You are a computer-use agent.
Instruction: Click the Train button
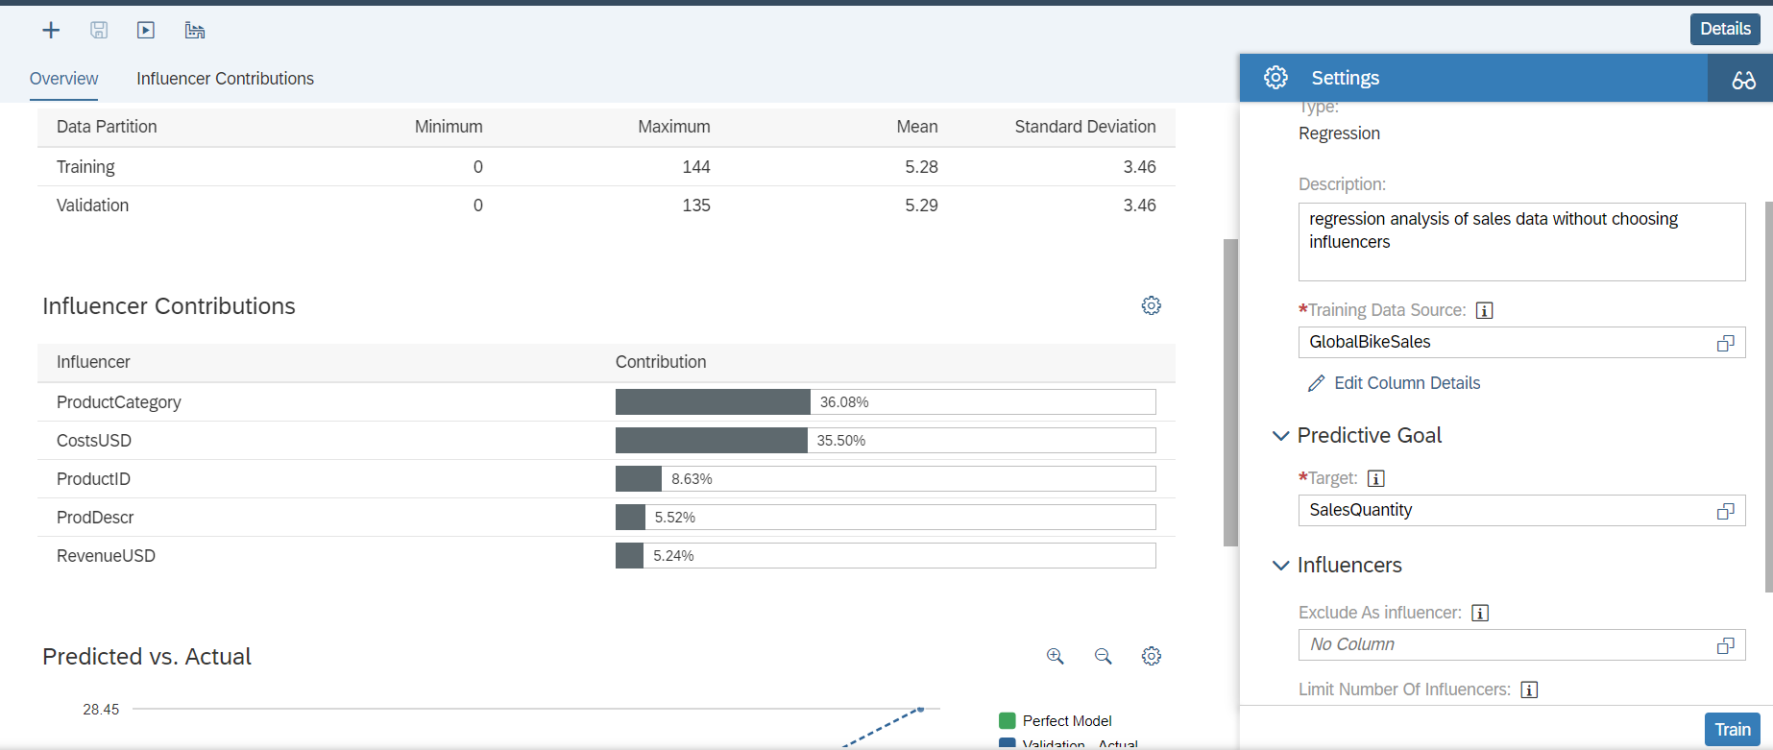point(1732,730)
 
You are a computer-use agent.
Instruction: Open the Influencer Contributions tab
point(225,79)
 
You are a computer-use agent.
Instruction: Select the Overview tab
point(63,79)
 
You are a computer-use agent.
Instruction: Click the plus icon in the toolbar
point(51,31)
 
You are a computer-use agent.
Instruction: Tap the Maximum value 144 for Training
point(695,167)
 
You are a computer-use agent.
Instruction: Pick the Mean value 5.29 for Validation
point(920,206)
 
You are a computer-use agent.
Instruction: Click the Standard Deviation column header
point(1084,127)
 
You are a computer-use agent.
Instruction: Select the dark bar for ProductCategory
point(713,402)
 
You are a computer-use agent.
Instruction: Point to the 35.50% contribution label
point(840,441)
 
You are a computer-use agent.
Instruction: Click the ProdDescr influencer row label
point(95,518)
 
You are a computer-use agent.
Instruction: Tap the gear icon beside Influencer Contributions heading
point(1151,305)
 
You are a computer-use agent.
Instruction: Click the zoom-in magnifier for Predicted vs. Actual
point(1055,656)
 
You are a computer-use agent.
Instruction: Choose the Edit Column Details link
point(1406,383)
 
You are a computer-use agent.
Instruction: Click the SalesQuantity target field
point(1508,510)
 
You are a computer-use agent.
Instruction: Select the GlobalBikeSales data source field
point(1508,342)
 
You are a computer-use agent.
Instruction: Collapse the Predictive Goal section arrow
point(1280,436)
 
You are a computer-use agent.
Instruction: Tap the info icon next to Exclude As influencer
point(1480,613)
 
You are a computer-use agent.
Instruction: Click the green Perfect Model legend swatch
point(1008,720)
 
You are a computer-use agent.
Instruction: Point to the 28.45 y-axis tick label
point(101,710)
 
